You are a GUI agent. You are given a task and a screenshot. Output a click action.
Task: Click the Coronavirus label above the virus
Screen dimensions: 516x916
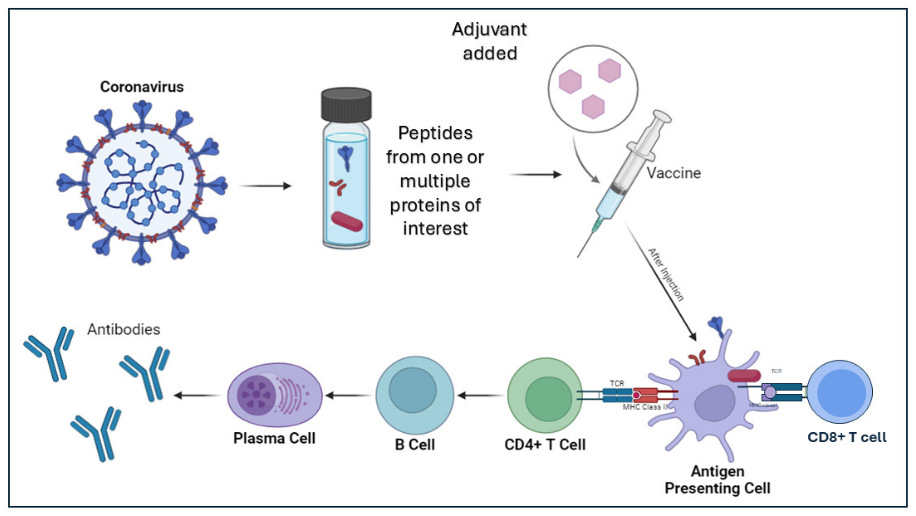coord(142,87)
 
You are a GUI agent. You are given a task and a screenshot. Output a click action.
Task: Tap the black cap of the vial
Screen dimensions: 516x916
coord(346,105)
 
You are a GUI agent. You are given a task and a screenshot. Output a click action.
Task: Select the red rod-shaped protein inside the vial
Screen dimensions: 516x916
coord(347,221)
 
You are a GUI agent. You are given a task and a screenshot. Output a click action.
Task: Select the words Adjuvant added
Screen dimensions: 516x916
coord(489,41)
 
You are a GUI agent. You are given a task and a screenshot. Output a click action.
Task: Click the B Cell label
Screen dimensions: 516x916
coord(415,445)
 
